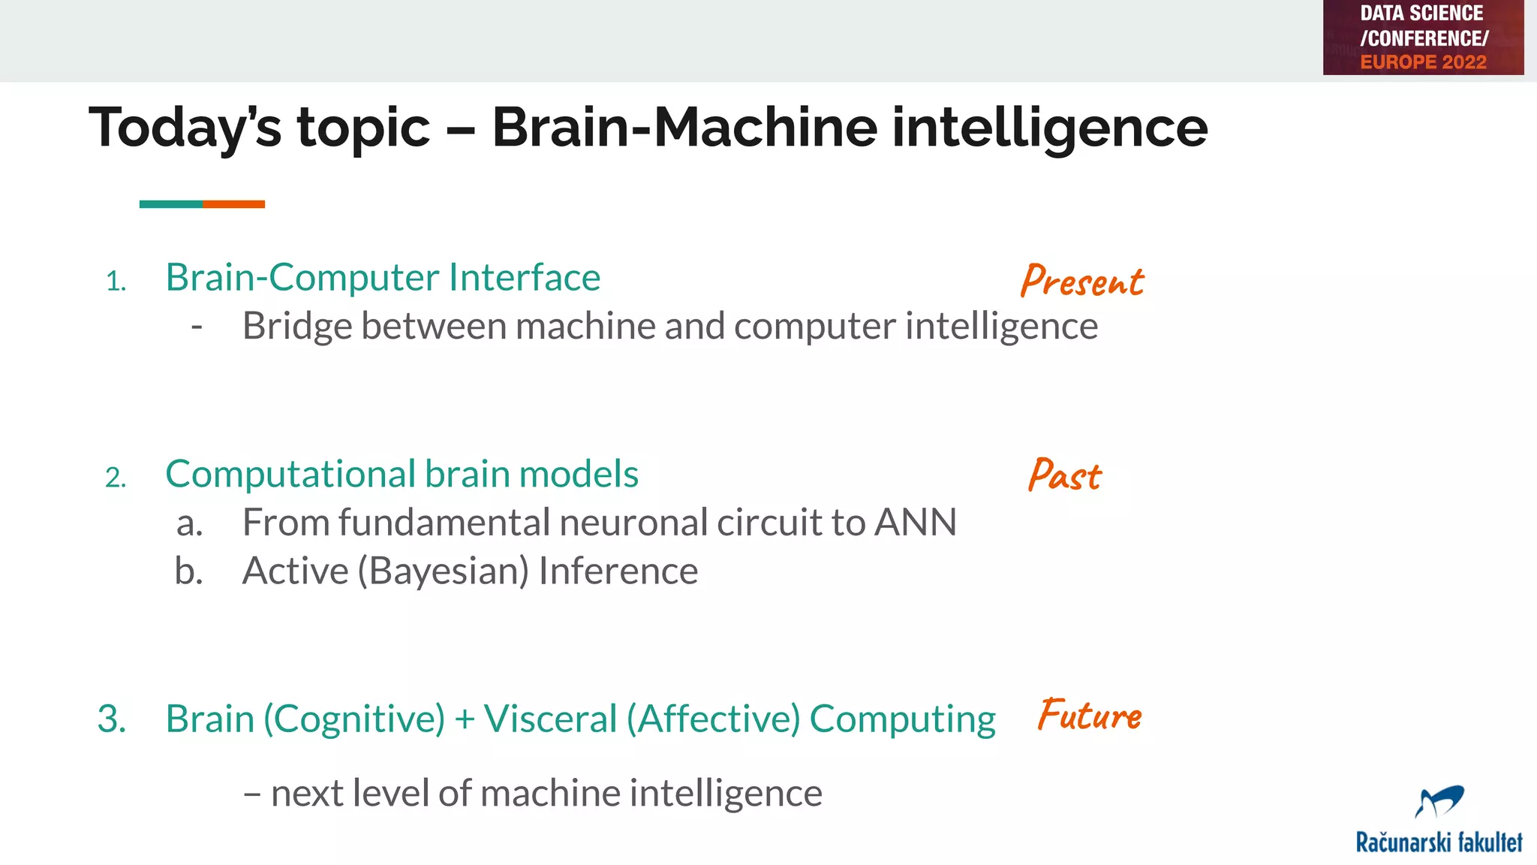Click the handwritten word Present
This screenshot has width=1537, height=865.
1081,281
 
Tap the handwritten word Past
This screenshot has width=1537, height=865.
1064,475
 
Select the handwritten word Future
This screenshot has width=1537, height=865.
1089,715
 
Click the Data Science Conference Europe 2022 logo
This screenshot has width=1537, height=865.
1423,38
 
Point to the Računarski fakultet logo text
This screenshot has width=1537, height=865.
1439,842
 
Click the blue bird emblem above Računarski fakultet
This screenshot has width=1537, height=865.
1439,801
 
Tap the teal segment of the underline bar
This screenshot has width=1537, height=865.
170,204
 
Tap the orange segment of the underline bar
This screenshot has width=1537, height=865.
233,204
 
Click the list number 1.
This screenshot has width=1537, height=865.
116,282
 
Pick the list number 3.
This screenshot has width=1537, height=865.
111,719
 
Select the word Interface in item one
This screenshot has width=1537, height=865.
525,278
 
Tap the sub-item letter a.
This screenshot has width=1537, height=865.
189,524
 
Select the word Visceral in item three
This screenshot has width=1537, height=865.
550,719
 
